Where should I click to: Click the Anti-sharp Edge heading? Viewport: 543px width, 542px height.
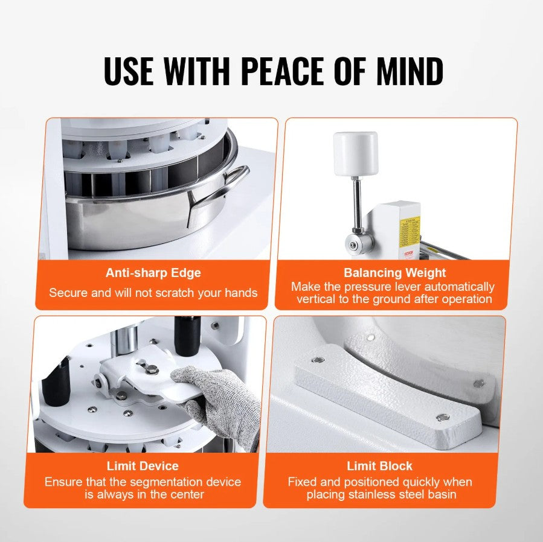pos(153,273)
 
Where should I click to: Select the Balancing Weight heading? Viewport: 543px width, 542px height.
pos(394,273)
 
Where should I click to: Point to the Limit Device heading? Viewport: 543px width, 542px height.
pos(143,466)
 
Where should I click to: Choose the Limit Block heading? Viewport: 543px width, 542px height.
pos(380,466)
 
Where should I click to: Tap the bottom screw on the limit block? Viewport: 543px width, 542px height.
pos(443,417)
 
